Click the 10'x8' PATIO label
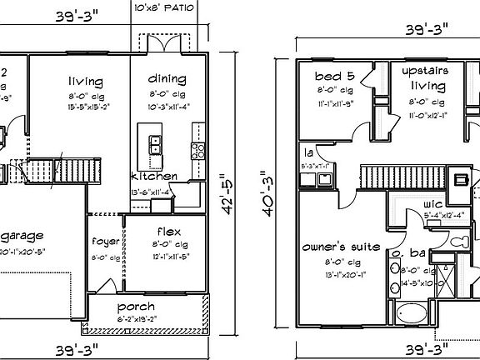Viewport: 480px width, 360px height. click(165, 7)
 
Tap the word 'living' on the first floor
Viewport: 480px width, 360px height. click(86, 81)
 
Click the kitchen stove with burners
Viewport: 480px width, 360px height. click(198, 151)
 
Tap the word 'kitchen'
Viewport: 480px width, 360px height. click(153, 177)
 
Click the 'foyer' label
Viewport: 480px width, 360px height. click(106, 242)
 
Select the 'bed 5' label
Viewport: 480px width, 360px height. click(335, 73)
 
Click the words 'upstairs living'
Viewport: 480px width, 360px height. click(425, 78)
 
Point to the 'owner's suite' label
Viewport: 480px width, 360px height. click(341, 247)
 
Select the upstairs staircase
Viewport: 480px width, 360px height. click(390, 177)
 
